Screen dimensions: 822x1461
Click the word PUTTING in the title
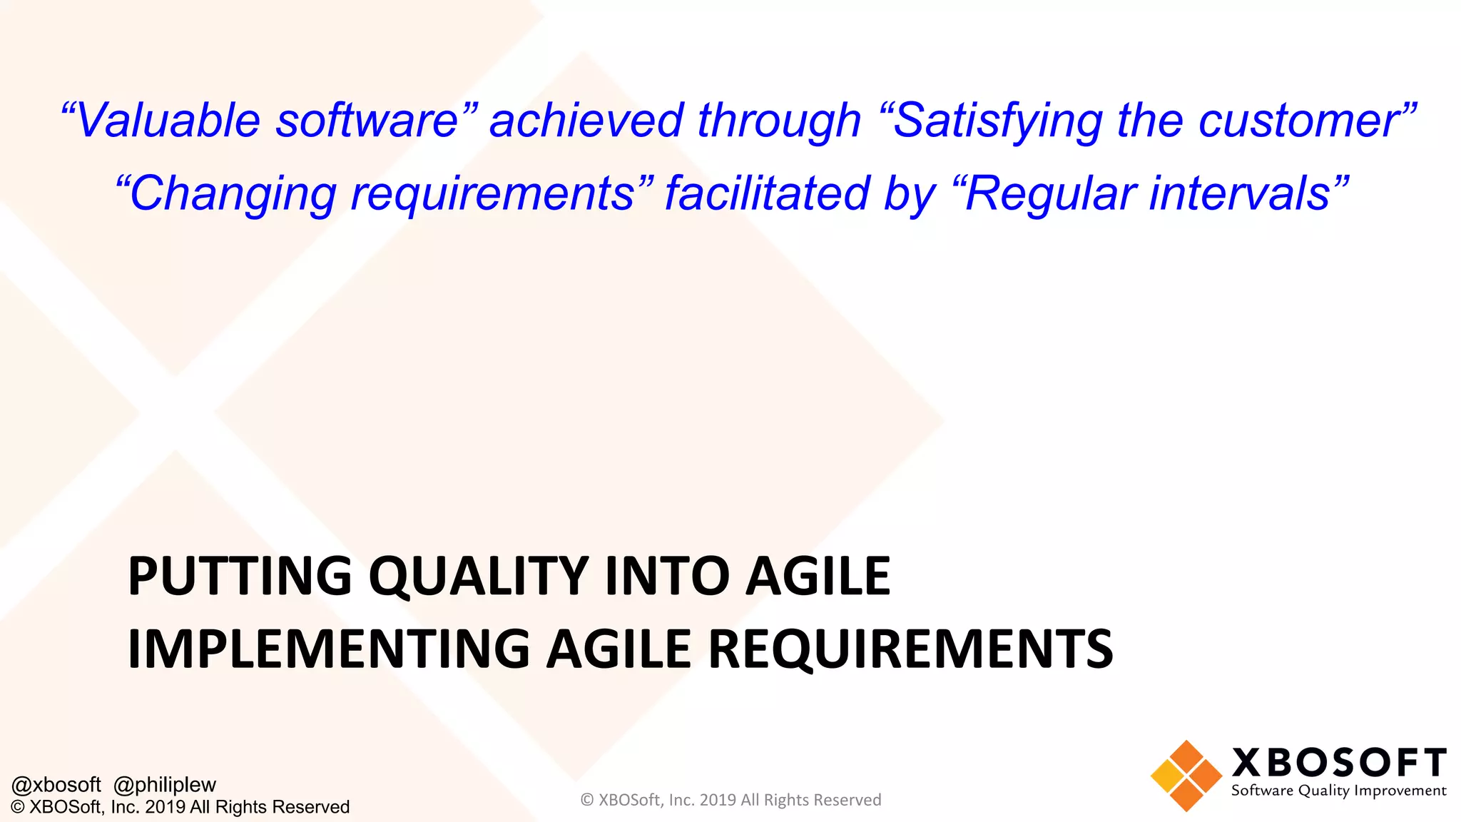tap(240, 576)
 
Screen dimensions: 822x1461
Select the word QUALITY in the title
tap(479, 576)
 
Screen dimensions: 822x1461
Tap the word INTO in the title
tap(667, 576)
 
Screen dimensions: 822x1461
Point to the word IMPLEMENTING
tap(328, 649)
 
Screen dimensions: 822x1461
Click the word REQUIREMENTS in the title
tap(910, 649)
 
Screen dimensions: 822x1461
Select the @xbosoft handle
tap(56, 785)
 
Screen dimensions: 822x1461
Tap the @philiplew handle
tap(165, 785)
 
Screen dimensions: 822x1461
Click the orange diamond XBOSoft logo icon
tap(1186, 776)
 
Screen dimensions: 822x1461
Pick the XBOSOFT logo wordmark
tap(1339, 763)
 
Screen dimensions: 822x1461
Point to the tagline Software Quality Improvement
tap(1338, 791)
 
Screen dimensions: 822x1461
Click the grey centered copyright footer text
tap(730, 800)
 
